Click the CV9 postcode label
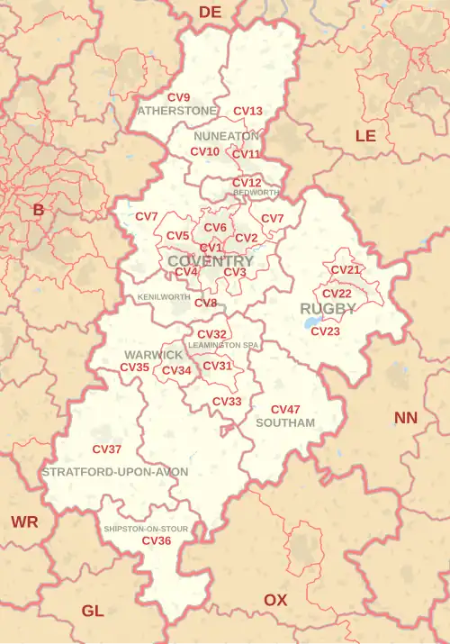click(179, 97)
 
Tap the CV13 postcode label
click(247, 112)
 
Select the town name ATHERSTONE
click(177, 111)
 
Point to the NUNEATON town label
click(226, 136)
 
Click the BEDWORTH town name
click(256, 193)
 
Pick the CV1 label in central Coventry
click(211, 248)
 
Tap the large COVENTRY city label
click(211, 261)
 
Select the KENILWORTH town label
click(164, 297)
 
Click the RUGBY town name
click(328, 309)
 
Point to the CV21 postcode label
click(346, 270)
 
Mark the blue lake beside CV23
click(311, 322)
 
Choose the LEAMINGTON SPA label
click(223, 345)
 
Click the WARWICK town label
click(154, 356)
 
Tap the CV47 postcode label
click(285, 410)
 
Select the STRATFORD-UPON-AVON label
click(115, 472)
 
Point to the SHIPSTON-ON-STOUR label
click(146, 529)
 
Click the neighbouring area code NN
click(406, 418)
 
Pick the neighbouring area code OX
click(275, 600)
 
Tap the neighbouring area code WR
click(24, 522)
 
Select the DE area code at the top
click(210, 12)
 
